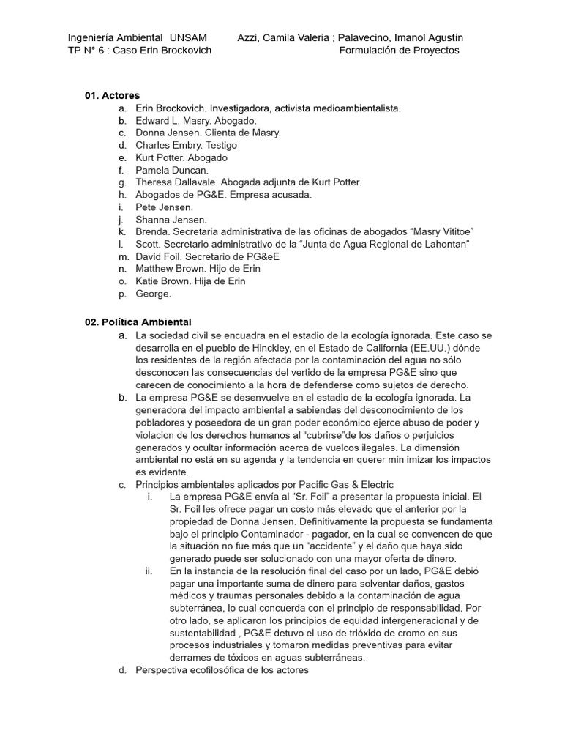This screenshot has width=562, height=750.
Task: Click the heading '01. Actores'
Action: click(112, 95)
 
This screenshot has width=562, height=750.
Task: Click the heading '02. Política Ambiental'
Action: click(138, 322)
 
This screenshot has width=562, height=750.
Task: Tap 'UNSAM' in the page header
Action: click(188, 37)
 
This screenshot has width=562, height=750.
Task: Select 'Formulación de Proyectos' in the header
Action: click(400, 51)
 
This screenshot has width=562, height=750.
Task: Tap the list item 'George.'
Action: click(153, 294)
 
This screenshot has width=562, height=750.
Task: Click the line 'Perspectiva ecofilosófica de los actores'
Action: click(222, 670)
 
